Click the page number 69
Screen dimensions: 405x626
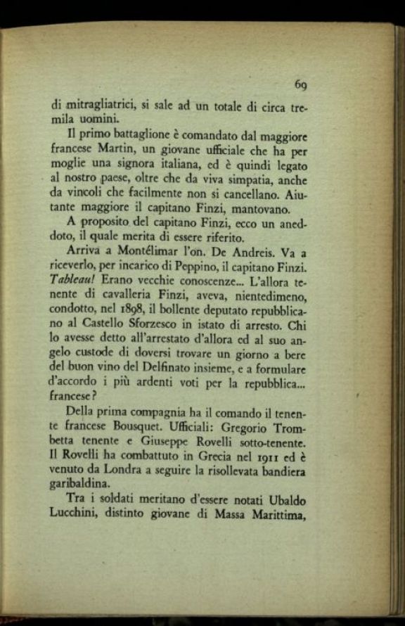301,84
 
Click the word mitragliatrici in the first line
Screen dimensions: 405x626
101,106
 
